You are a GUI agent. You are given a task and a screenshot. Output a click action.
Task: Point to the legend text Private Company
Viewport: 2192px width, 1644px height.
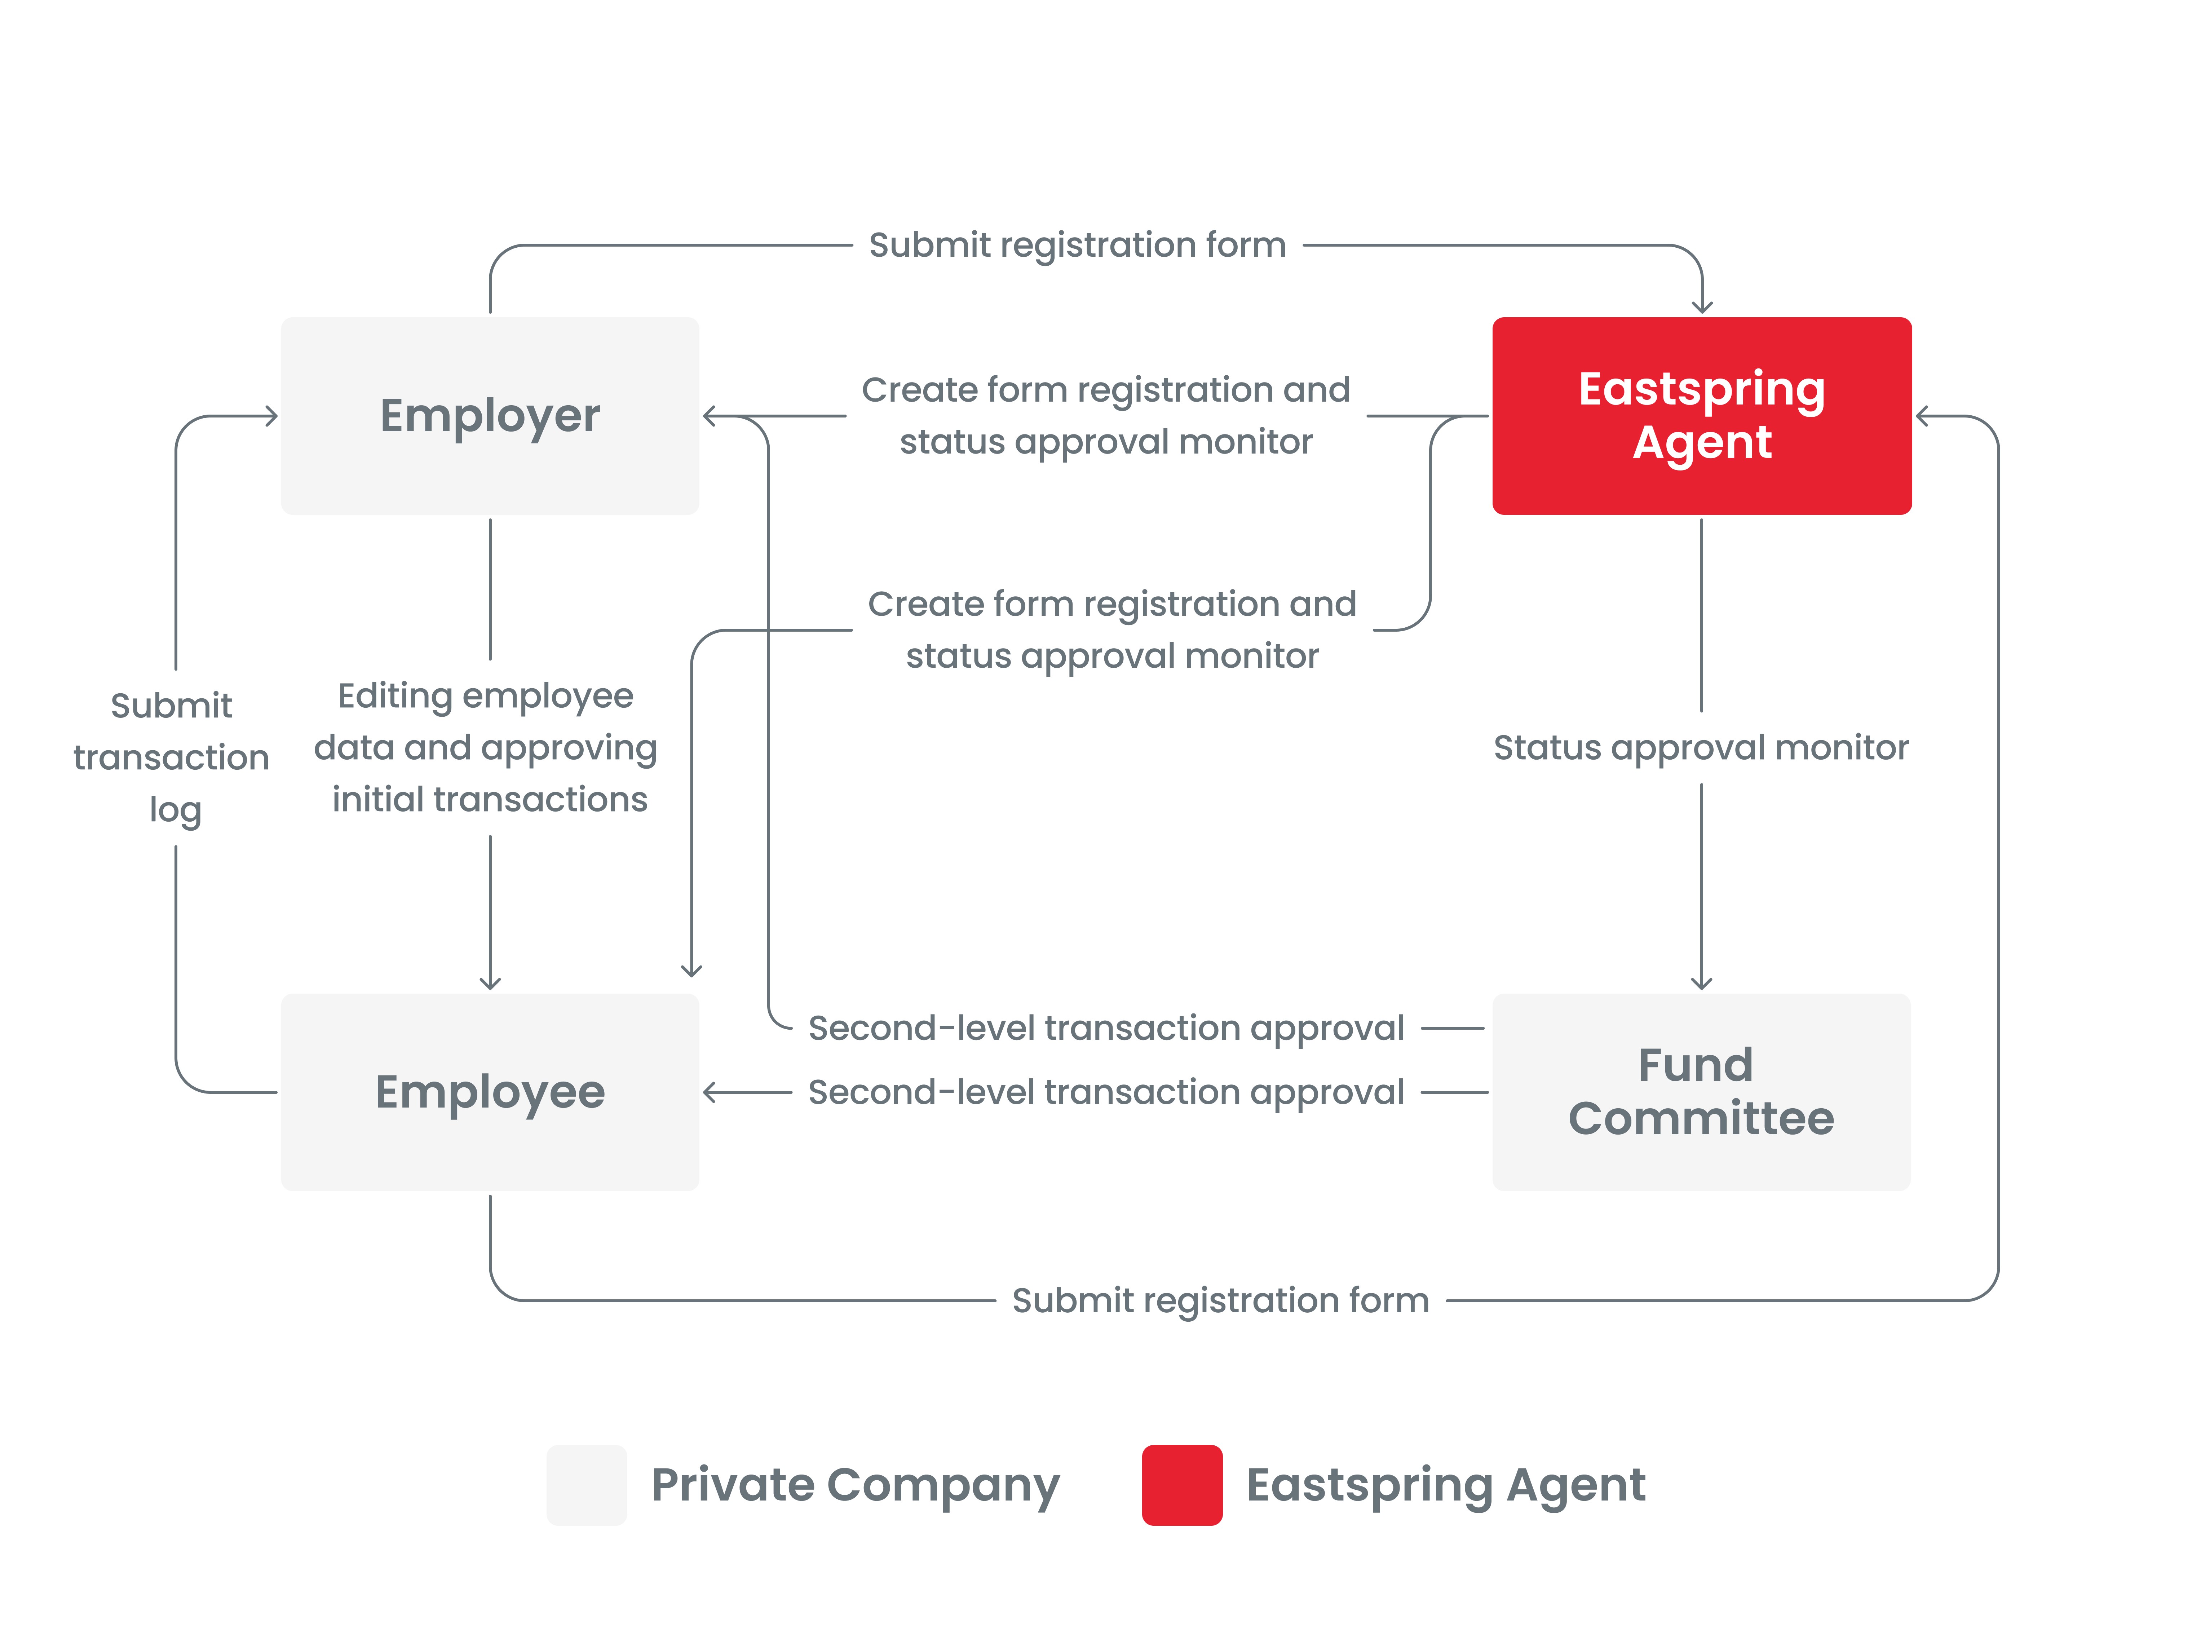pyautogui.click(x=855, y=1484)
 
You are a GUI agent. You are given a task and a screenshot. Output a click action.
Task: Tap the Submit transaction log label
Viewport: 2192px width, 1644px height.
pyautogui.click(x=172, y=757)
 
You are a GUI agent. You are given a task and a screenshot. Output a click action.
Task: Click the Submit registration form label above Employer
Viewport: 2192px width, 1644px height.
pyautogui.click(x=1077, y=245)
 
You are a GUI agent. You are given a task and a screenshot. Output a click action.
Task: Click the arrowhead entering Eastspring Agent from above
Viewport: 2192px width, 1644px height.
pyautogui.click(x=1702, y=307)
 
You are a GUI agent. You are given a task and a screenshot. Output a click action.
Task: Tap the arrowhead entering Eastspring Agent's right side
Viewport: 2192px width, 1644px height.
pyautogui.click(x=1922, y=416)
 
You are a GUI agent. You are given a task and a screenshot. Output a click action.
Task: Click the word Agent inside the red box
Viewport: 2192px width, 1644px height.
pyautogui.click(x=1701, y=442)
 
